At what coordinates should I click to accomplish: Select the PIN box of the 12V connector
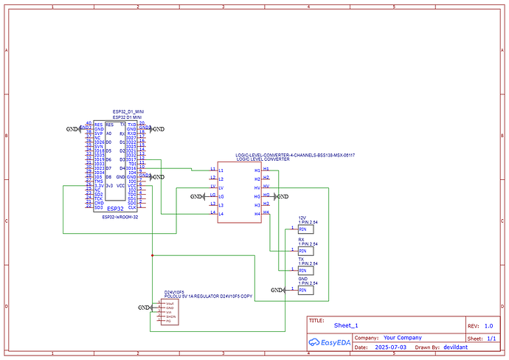click(303, 229)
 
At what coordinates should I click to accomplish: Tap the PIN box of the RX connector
click(303, 250)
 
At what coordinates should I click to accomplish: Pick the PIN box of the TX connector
click(303, 270)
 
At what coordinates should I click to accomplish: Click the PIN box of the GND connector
click(303, 290)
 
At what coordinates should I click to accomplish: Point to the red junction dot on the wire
click(152, 255)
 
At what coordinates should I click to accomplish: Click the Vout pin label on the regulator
click(170, 303)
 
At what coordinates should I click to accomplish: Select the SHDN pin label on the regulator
click(170, 316)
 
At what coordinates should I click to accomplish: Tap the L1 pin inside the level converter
click(212, 170)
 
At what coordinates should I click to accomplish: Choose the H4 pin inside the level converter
click(257, 213)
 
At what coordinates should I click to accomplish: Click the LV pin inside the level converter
click(212, 187)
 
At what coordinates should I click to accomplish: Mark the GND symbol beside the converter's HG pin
click(280, 196)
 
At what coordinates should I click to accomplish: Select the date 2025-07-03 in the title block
click(389, 347)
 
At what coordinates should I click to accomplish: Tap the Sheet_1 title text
click(346, 325)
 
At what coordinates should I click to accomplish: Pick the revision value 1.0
click(488, 325)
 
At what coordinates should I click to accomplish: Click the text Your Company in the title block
click(405, 337)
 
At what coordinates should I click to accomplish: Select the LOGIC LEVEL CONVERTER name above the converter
click(263, 159)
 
